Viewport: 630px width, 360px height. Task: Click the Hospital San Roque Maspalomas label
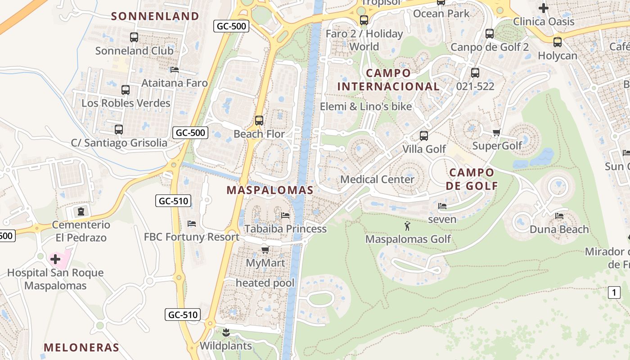pyautogui.click(x=55, y=279)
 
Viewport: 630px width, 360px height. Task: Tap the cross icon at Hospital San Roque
pyautogui.click(x=55, y=259)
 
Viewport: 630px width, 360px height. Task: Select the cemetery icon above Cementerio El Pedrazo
pyautogui.click(x=81, y=211)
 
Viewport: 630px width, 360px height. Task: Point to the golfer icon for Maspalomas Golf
pyautogui.click(x=408, y=226)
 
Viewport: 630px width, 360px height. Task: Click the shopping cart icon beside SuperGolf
pyautogui.click(x=497, y=132)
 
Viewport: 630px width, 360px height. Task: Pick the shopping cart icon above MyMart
pyautogui.click(x=265, y=249)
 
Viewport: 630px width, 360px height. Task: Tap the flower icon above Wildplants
pyautogui.click(x=226, y=333)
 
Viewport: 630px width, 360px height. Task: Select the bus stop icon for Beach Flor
pyautogui.click(x=259, y=121)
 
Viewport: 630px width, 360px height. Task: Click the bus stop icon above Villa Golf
pyautogui.click(x=423, y=135)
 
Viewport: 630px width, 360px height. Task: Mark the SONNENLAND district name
pyautogui.click(x=155, y=16)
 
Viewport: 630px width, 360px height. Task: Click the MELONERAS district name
pyautogui.click(x=81, y=347)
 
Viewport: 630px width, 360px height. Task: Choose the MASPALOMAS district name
pyautogui.click(x=270, y=190)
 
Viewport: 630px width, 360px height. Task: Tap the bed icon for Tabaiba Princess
pyautogui.click(x=285, y=216)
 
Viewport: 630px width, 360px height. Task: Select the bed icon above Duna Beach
pyautogui.click(x=559, y=216)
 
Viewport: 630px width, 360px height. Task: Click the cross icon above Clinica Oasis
pyautogui.click(x=544, y=8)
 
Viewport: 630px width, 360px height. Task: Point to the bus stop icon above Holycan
pyautogui.click(x=558, y=42)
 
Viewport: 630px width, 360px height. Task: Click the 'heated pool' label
pyautogui.click(x=265, y=283)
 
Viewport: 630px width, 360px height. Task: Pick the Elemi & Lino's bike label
pyautogui.click(x=366, y=107)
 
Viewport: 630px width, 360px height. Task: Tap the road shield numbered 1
pyautogui.click(x=614, y=292)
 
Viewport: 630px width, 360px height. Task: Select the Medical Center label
pyautogui.click(x=377, y=180)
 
